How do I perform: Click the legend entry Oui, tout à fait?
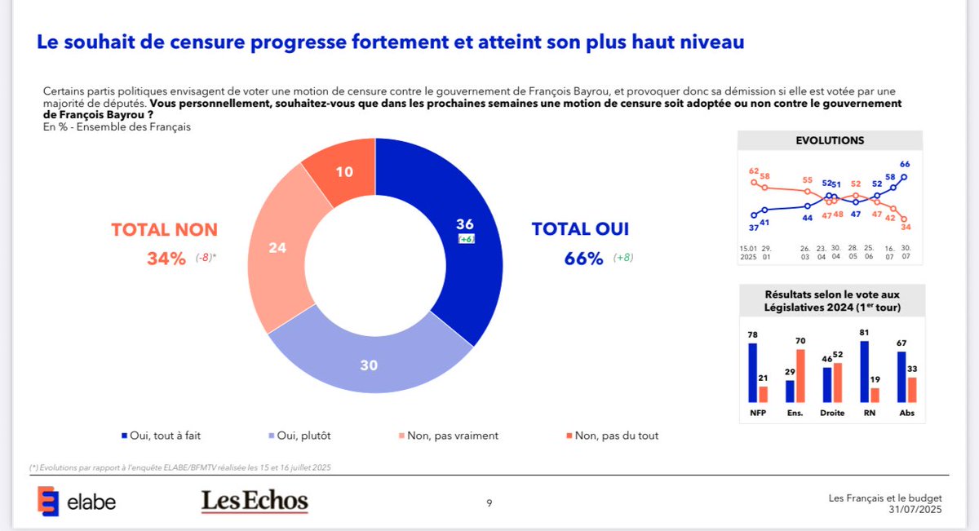click(171, 436)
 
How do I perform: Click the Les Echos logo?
click(255, 501)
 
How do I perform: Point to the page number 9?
click(489, 503)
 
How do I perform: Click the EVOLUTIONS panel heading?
click(830, 140)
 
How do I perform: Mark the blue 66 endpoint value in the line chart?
click(905, 164)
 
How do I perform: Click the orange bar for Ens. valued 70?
click(800, 375)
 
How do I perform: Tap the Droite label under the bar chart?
click(832, 414)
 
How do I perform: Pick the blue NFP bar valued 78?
click(753, 373)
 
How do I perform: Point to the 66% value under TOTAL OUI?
click(583, 259)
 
